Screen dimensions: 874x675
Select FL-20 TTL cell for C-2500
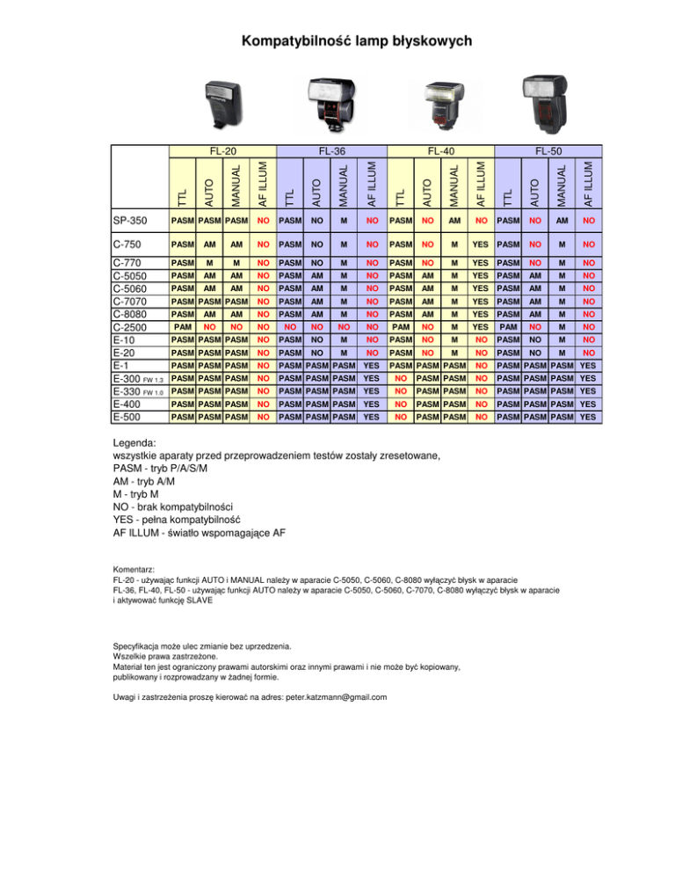pos(183,324)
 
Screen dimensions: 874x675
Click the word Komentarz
pos(134,569)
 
